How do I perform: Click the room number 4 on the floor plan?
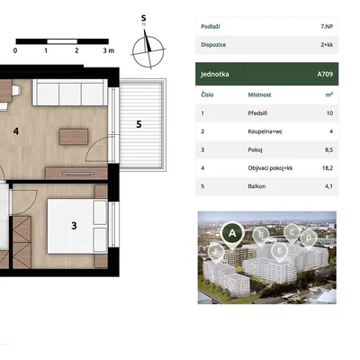coord(16,131)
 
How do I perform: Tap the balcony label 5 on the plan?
coord(139,124)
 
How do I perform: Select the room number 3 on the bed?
coord(74,226)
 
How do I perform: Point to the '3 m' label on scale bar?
coord(109,50)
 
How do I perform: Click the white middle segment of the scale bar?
coord(62,41)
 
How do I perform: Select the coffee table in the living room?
coord(74,137)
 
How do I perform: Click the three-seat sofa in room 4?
coord(69,93)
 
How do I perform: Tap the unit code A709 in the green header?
coord(325,74)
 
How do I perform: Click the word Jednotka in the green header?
coord(215,74)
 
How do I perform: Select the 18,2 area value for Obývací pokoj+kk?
coord(328,168)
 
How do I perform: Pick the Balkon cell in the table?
coord(256,186)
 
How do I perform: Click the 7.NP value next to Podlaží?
coord(327,26)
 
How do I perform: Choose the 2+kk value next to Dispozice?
coord(327,45)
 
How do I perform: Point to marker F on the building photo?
coord(216,253)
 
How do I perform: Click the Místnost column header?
coord(259,94)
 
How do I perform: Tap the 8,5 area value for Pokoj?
coord(328,149)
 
